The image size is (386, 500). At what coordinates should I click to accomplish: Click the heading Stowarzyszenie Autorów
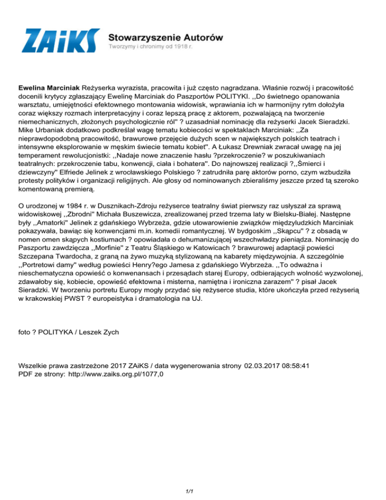coord(166,37)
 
